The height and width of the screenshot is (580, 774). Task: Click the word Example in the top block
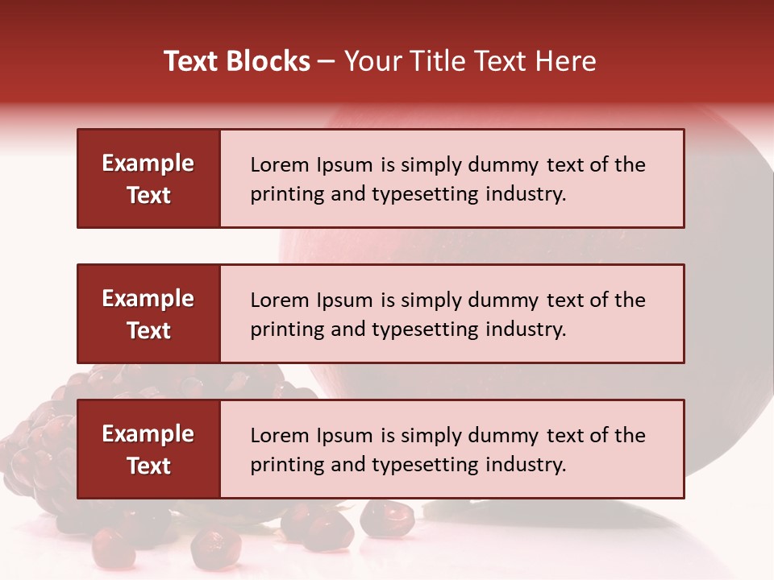[x=148, y=164]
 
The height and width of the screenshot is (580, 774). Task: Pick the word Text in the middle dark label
[x=148, y=330]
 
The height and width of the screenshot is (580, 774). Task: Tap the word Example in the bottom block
[x=148, y=434]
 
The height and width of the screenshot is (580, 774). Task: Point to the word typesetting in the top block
[x=424, y=194]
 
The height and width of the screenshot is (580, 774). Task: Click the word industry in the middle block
[x=524, y=329]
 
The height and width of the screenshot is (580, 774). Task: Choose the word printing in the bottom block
[x=279, y=465]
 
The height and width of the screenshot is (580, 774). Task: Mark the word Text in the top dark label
[x=148, y=195]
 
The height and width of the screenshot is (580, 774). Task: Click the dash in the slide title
[x=327, y=61]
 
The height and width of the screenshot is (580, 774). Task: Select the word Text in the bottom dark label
[x=148, y=466]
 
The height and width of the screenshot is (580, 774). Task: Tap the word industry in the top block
[x=524, y=194]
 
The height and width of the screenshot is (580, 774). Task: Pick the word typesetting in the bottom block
[x=424, y=465]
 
